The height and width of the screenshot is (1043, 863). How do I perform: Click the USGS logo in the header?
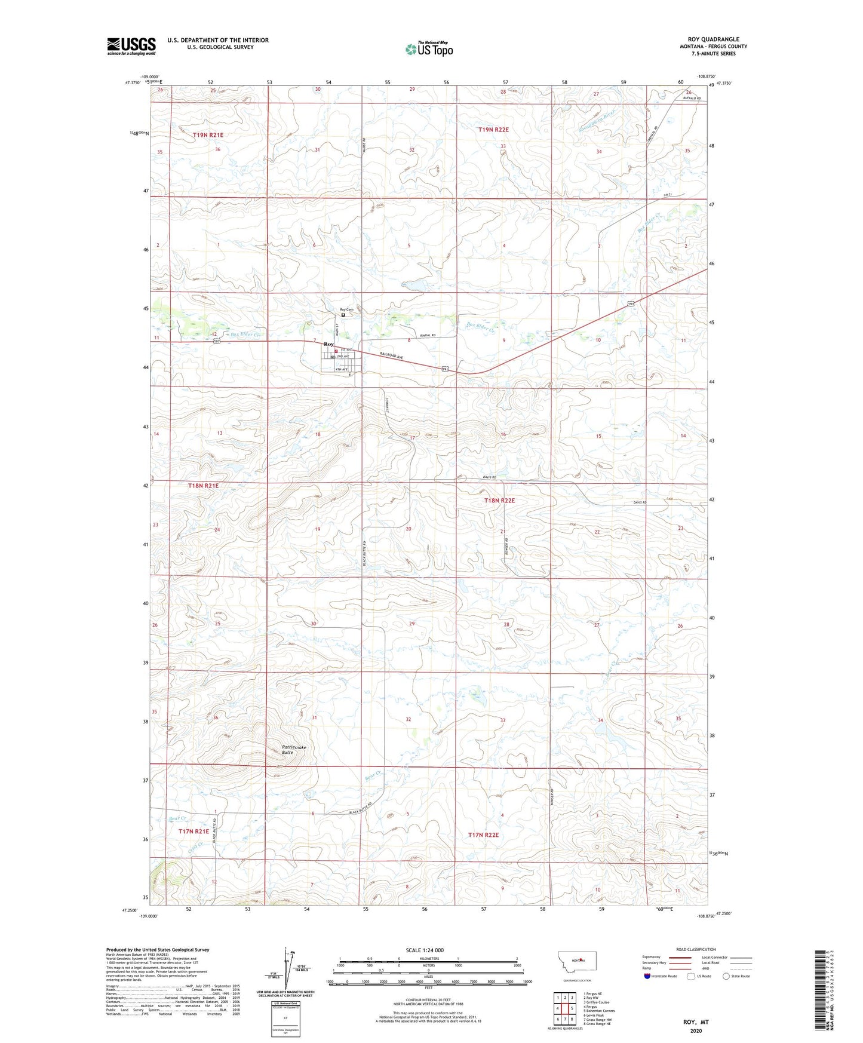click(x=131, y=46)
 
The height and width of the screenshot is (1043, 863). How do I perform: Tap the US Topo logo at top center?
click(x=428, y=50)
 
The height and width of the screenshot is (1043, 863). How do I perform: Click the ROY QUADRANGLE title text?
click(x=713, y=39)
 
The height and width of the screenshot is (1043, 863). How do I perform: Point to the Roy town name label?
click(x=328, y=345)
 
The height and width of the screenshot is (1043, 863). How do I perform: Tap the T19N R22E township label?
click(x=493, y=130)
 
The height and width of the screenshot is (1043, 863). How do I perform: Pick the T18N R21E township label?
click(x=203, y=486)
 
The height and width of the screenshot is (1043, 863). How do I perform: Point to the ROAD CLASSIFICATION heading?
click(x=695, y=949)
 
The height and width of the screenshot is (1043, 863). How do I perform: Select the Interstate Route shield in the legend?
click(x=649, y=976)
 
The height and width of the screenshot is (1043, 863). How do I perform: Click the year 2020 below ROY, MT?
click(x=696, y=1031)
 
